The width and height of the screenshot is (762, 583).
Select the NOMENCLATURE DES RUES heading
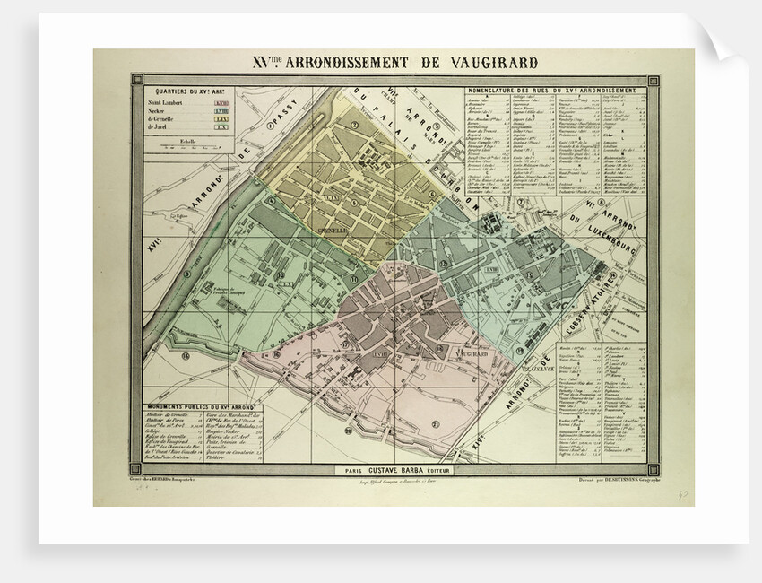tap(556, 91)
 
